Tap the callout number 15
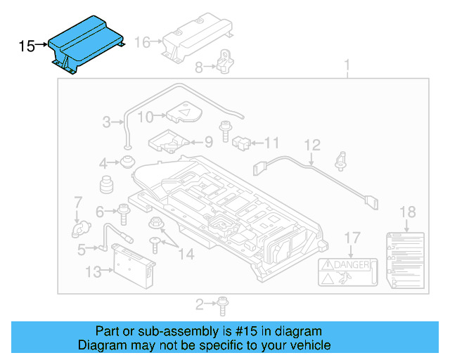tap(27, 46)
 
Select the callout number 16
tap(143, 42)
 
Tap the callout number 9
tap(208, 142)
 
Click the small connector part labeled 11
tap(243, 142)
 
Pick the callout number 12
tap(312, 145)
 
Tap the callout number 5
tap(82, 247)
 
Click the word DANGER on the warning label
tap(354, 265)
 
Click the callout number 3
tap(107, 122)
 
